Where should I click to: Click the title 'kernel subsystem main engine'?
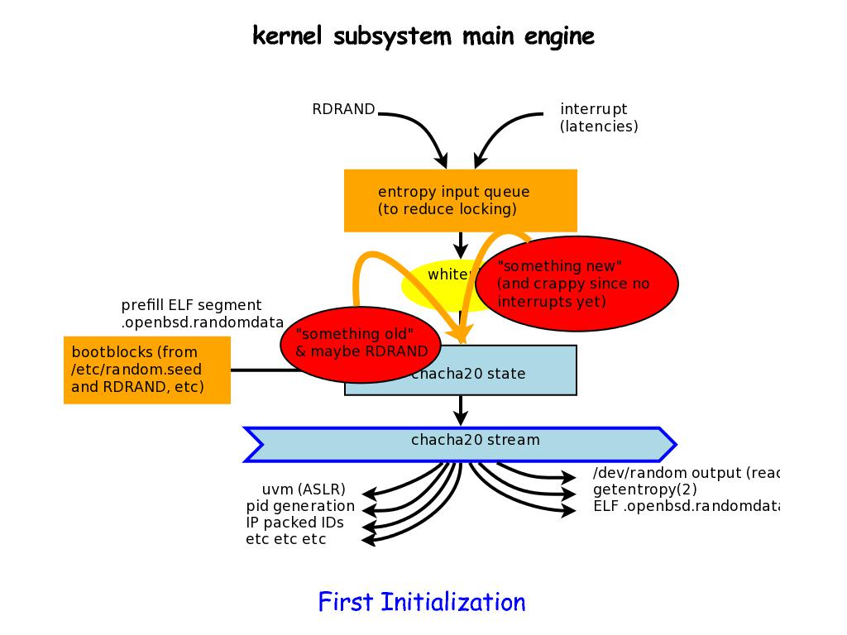pos(423,36)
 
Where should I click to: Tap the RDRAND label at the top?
pos(343,109)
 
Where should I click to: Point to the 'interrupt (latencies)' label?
pos(599,117)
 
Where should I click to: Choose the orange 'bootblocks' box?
pos(146,369)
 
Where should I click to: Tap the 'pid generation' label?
pos(300,505)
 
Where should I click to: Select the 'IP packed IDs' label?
pos(294,522)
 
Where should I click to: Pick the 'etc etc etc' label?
pos(286,539)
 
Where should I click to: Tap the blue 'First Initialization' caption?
pos(422,602)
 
